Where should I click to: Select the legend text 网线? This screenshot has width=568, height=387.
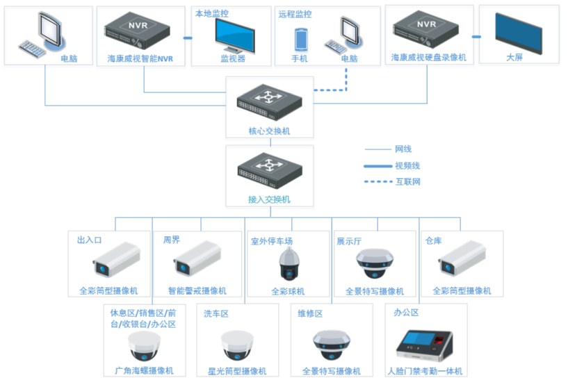(x=403, y=149)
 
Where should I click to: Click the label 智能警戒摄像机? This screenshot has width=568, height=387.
(x=197, y=291)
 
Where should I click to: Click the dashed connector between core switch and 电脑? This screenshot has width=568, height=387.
(x=330, y=90)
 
